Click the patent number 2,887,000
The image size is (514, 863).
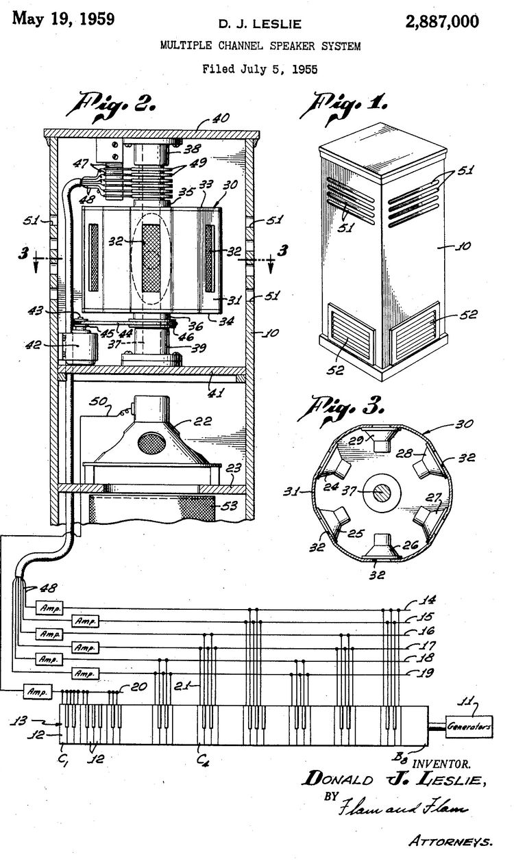441,22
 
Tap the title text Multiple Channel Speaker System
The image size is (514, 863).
260,46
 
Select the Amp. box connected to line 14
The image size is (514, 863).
38,608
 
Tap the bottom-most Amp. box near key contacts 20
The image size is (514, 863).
37,691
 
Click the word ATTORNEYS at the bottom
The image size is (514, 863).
450,840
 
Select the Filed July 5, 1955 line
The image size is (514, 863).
260,68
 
